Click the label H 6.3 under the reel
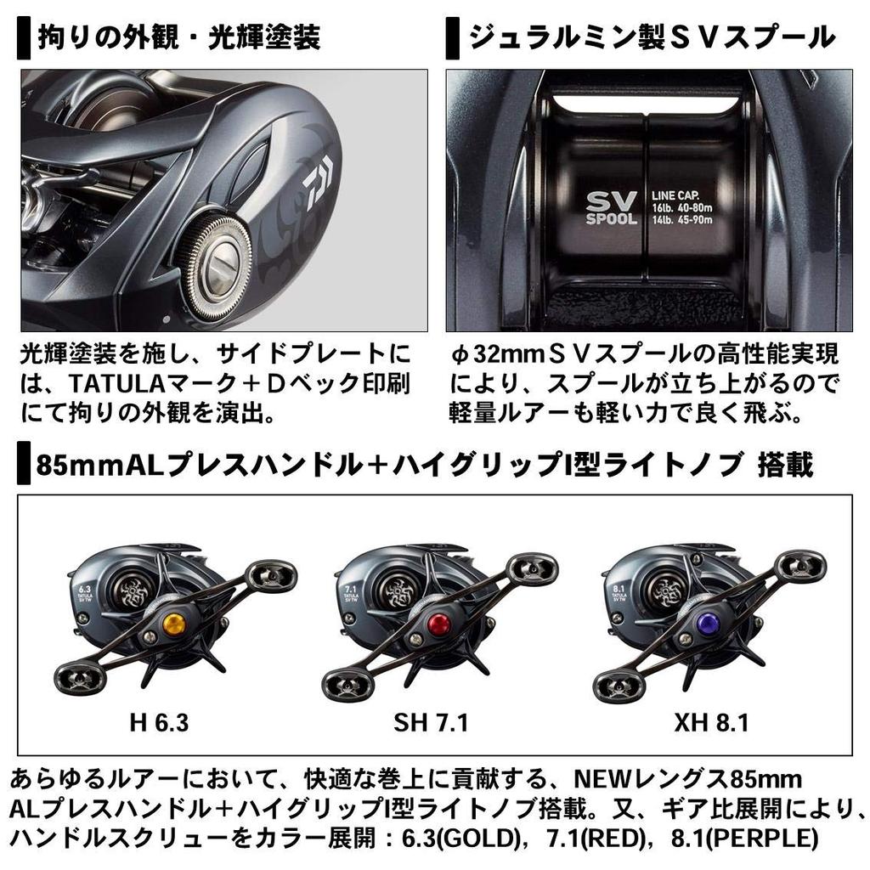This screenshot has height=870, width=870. click(159, 723)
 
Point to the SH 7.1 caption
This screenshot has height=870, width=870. click(431, 723)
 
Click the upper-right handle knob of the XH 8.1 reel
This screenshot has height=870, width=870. click(802, 563)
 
